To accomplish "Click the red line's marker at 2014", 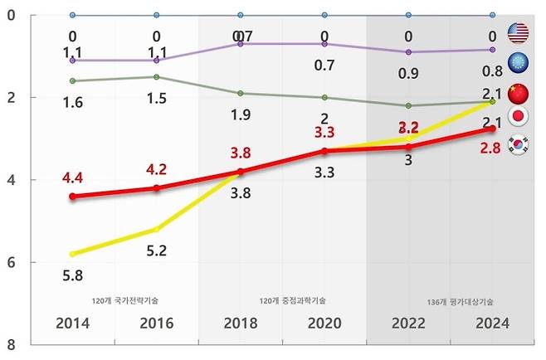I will tap(73, 197).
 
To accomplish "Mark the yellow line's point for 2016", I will tap(156, 229).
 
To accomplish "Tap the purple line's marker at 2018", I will tap(240, 43).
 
